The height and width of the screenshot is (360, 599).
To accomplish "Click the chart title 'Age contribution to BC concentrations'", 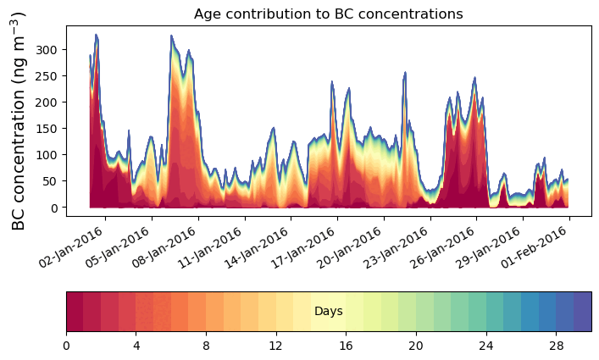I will (x=328, y=14).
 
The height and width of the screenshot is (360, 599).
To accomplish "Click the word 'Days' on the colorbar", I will (x=328, y=312).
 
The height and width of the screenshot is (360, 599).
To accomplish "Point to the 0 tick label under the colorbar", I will (x=66, y=346).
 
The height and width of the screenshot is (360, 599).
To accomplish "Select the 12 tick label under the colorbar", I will (x=276, y=346).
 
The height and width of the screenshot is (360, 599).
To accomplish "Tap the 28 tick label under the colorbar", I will (x=556, y=346).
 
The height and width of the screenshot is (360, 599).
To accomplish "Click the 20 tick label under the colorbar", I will (x=416, y=346).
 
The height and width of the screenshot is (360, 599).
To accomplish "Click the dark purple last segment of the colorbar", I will (x=582, y=312).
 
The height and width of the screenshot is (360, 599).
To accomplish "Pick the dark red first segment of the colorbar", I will (x=75, y=312).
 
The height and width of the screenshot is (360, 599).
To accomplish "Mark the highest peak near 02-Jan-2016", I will (x=97, y=35).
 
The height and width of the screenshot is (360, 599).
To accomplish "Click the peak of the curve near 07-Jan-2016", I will (x=171, y=36).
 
